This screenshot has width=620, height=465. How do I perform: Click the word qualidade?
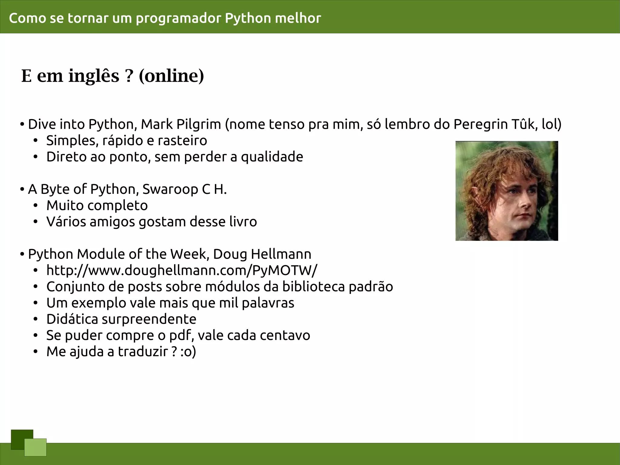272,157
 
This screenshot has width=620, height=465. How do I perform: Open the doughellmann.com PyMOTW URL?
182,270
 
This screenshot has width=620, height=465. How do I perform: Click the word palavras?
268,303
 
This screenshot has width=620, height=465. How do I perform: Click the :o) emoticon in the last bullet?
188,352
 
